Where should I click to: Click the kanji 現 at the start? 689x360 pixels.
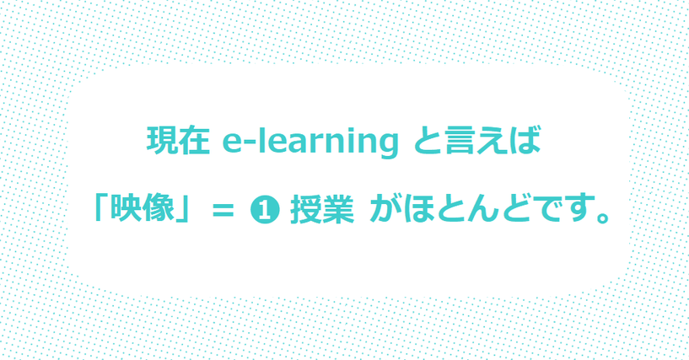(x=162, y=140)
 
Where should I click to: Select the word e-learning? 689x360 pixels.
(x=310, y=142)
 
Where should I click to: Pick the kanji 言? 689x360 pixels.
(x=460, y=140)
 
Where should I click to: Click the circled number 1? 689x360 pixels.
(x=265, y=212)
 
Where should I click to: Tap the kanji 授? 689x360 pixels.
(x=305, y=210)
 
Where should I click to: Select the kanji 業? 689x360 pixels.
(x=338, y=210)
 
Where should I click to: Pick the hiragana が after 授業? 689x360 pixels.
(x=385, y=210)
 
